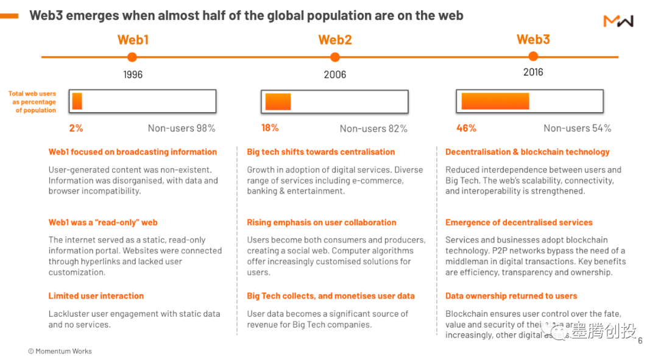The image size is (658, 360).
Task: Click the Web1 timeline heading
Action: point(133,40)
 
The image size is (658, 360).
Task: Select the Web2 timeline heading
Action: point(335,40)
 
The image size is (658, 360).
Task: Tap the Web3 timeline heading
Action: point(533,40)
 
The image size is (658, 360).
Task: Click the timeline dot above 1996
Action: point(132,57)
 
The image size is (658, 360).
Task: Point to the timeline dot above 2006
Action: point(334,57)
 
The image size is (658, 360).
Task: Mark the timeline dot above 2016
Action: point(533,57)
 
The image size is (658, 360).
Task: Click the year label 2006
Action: point(334,74)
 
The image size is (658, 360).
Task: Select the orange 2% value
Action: point(76,128)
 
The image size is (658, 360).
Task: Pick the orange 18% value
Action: point(270,128)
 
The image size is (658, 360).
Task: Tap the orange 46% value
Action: point(466,128)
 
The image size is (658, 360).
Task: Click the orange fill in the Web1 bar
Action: point(77,101)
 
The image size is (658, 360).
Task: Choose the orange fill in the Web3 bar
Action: point(495,101)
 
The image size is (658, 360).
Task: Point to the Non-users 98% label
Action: point(182,129)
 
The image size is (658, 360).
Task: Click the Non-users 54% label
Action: point(577,129)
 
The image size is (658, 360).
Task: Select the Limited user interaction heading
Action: point(96,296)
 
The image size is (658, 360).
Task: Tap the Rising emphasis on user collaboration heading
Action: point(322,223)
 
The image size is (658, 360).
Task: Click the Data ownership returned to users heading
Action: point(511,296)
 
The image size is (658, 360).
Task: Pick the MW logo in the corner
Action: point(618,21)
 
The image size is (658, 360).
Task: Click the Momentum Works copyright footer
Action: point(60,351)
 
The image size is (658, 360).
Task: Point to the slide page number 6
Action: point(640,341)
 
